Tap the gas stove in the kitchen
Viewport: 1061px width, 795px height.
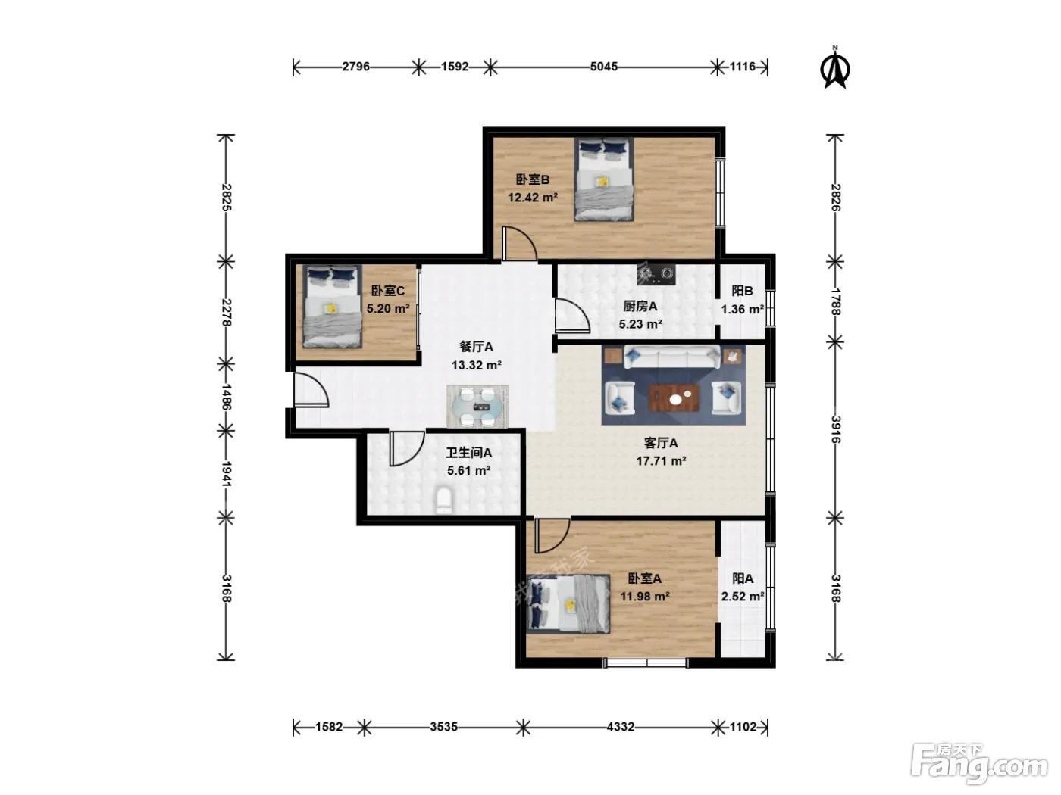tap(656, 275)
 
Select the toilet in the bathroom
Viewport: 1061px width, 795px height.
tap(444, 500)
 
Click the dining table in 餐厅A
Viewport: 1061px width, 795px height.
tap(477, 407)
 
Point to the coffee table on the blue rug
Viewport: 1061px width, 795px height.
tap(674, 397)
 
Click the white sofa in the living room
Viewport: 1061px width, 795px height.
tap(672, 357)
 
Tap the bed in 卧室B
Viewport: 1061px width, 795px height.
tap(603, 179)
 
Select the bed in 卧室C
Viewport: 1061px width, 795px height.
tap(332, 307)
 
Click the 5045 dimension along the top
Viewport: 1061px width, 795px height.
tap(604, 67)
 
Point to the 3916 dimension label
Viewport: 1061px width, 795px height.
tap(836, 429)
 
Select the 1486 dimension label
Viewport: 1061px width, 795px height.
tap(226, 397)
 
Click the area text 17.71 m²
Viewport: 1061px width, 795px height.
tap(661, 461)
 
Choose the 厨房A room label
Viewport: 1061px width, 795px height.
tap(640, 306)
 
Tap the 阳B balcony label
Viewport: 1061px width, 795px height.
tap(742, 291)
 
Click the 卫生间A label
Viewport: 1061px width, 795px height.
tap(468, 453)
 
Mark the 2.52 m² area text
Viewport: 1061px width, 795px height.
tap(743, 597)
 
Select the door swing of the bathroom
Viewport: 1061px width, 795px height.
tap(407, 448)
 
